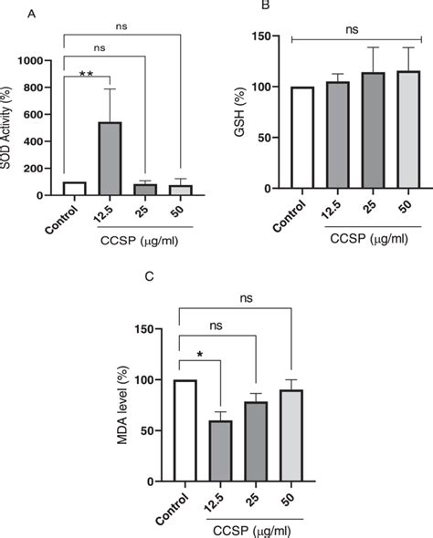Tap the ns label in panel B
(x=351, y=29)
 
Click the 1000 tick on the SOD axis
(x=37, y=60)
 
